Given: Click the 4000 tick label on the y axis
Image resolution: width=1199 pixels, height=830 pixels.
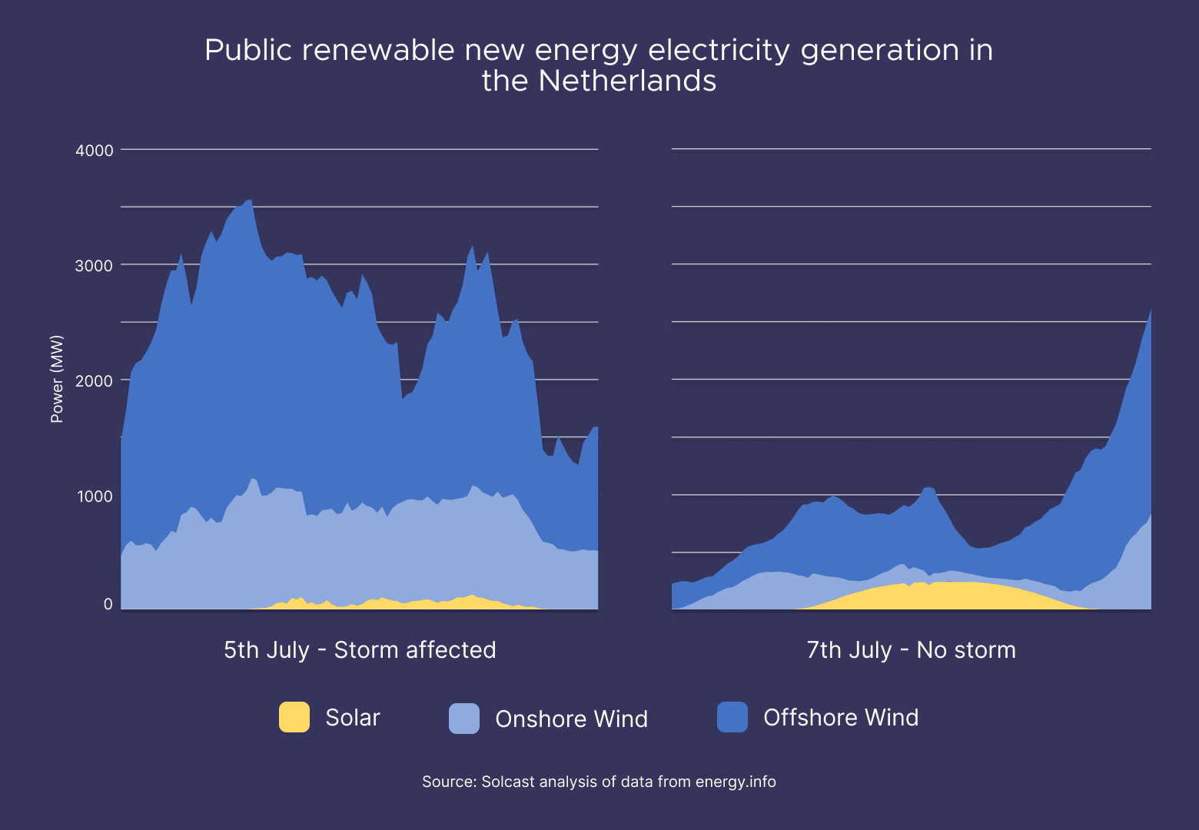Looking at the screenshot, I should pyautogui.click(x=95, y=151).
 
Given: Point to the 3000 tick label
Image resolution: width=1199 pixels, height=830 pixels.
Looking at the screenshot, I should pyautogui.click(x=95, y=266).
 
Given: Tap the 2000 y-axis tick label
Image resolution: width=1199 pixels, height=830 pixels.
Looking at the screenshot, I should pyautogui.click(x=95, y=381).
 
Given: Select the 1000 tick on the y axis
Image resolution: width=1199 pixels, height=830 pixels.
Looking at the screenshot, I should pyautogui.click(x=95, y=496).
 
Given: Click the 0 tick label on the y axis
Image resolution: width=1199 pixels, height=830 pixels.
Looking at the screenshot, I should pyautogui.click(x=108, y=604).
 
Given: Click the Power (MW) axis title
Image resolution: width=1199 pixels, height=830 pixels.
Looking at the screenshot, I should pyautogui.click(x=57, y=379).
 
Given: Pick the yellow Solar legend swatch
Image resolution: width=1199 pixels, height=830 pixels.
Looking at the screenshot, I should pyautogui.click(x=294, y=717).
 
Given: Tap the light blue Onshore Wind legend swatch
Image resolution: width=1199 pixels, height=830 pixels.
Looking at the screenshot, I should pyautogui.click(x=464, y=719).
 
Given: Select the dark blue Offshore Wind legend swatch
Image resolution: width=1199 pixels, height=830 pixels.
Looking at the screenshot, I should pyautogui.click(x=732, y=717).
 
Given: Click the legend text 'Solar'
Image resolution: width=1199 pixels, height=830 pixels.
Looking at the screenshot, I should pyautogui.click(x=353, y=718).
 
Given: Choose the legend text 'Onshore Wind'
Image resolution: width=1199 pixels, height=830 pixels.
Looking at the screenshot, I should pyautogui.click(x=571, y=719).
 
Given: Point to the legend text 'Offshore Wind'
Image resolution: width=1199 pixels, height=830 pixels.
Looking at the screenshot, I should pyautogui.click(x=841, y=718).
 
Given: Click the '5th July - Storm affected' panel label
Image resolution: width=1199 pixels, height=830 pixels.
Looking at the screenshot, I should pyautogui.click(x=360, y=650).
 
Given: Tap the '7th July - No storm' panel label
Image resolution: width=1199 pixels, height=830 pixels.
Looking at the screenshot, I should pyautogui.click(x=911, y=650).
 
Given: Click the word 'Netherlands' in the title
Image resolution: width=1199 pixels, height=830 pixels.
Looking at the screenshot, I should pyautogui.click(x=627, y=81).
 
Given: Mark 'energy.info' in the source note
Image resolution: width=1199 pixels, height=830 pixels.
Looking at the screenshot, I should pyautogui.click(x=736, y=782).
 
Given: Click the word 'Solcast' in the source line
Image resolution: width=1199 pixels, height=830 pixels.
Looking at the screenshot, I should pyautogui.click(x=508, y=782).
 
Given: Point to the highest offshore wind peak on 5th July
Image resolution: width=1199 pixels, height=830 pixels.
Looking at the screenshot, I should pyautogui.click(x=250, y=201).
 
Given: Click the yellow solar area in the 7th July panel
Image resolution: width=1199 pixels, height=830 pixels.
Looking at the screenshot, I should pyautogui.click(x=945, y=596).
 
